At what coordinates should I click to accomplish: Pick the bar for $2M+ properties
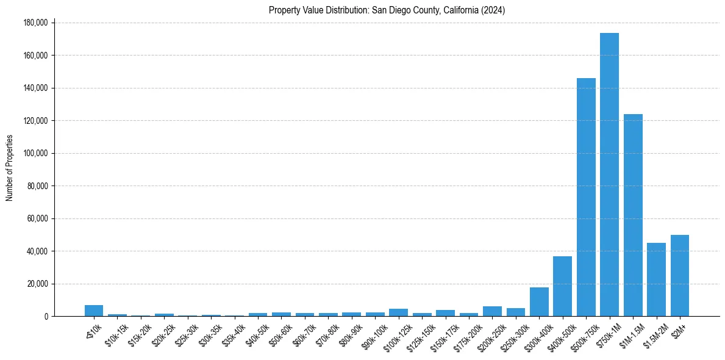click(x=679, y=275)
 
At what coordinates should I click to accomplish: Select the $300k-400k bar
click(x=539, y=301)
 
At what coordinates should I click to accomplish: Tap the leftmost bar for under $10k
click(x=94, y=311)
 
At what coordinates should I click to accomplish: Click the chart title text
click(x=387, y=10)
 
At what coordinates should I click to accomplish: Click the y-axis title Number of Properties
click(x=10, y=168)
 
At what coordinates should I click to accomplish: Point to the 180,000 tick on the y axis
click(x=35, y=23)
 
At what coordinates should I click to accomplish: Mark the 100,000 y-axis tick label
click(x=35, y=153)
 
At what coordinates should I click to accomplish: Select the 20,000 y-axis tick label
click(x=37, y=284)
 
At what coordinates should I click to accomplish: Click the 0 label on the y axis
click(x=46, y=317)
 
